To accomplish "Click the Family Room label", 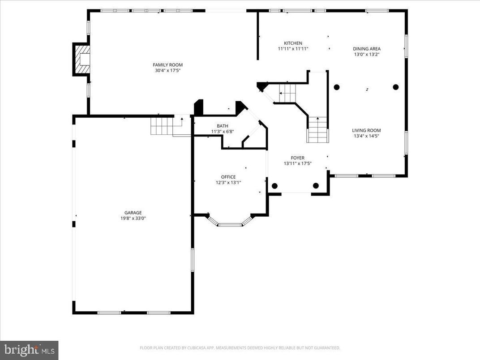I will pyautogui.click(x=168, y=65).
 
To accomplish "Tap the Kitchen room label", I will pyautogui.click(x=293, y=43).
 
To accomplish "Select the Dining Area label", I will pyautogui.click(x=367, y=49).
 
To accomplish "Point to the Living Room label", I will pyautogui.click(x=366, y=130).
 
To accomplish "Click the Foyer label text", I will pyautogui.click(x=297, y=158).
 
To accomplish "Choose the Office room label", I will pyautogui.click(x=228, y=177).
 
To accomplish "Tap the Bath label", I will pyautogui.click(x=223, y=126).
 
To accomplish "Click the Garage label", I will pyautogui.click(x=133, y=213).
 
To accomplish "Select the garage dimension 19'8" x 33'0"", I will pyautogui.click(x=133, y=219).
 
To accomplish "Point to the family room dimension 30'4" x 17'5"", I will pyautogui.click(x=168, y=70).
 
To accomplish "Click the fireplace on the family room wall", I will pyautogui.click(x=82, y=59).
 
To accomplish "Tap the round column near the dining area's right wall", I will pyautogui.click(x=396, y=87).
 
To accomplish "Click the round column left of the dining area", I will pyautogui.click(x=337, y=87).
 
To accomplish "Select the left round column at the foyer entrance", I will pyautogui.click(x=274, y=186).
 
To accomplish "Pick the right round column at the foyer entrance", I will pyautogui.click(x=316, y=186).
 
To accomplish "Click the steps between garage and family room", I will pyautogui.click(x=162, y=125).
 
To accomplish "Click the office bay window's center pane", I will pyautogui.click(x=230, y=225).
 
